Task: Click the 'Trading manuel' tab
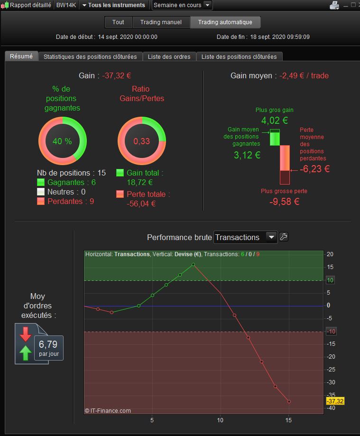[161, 22]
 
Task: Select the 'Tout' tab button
[118, 22]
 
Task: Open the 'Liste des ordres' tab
[169, 57]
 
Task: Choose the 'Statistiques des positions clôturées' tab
[90, 57]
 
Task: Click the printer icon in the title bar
[334, 5]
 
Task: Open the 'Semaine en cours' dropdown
[182, 5]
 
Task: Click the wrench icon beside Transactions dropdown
[284, 237]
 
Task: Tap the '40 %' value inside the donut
[62, 141]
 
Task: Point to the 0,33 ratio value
[141, 141]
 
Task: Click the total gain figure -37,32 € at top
[117, 75]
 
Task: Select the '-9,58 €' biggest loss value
[285, 202]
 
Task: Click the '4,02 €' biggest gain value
[275, 121]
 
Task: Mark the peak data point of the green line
[193, 264]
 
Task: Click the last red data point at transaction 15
[289, 401]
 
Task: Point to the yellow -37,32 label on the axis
[335, 401]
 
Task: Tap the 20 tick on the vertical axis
[330, 254]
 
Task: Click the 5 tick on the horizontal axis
[152, 420]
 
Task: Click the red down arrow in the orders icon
[25, 334]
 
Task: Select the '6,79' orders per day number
[48, 344]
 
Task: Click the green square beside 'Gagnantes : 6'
[41, 182]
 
